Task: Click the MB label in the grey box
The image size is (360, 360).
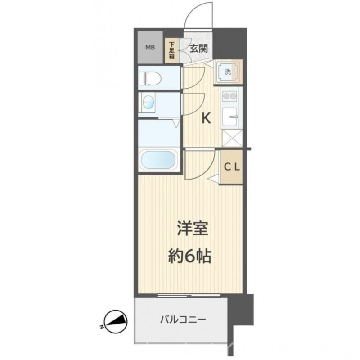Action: pos(149,47)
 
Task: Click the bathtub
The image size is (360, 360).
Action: pos(158,159)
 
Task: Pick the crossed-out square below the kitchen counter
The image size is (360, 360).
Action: pos(232,137)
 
